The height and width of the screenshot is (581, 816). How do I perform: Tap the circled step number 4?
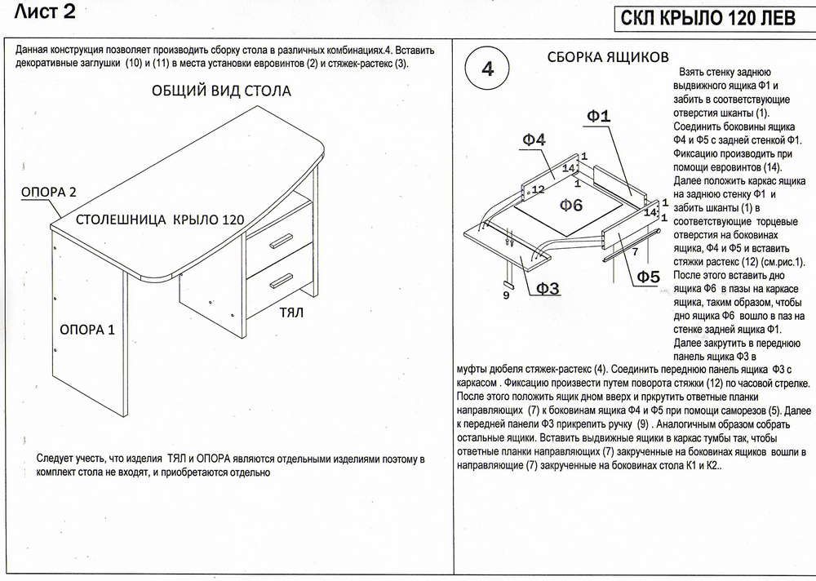(x=488, y=69)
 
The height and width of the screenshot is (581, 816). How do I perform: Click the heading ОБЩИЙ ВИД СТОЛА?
(x=221, y=91)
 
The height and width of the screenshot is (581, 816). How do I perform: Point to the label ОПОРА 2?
(x=48, y=193)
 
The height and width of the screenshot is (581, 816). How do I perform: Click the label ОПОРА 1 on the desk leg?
(x=87, y=330)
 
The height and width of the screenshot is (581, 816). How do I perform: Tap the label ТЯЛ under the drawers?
(x=291, y=313)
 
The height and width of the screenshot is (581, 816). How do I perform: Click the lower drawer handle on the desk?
(x=280, y=280)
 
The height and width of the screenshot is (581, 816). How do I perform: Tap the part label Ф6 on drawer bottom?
(x=570, y=204)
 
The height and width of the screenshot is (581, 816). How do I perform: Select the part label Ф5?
(x=647, y=277)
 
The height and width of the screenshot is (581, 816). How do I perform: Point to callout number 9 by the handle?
(x=506, y=295)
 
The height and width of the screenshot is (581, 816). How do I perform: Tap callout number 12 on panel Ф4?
(x=538, y=190)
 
